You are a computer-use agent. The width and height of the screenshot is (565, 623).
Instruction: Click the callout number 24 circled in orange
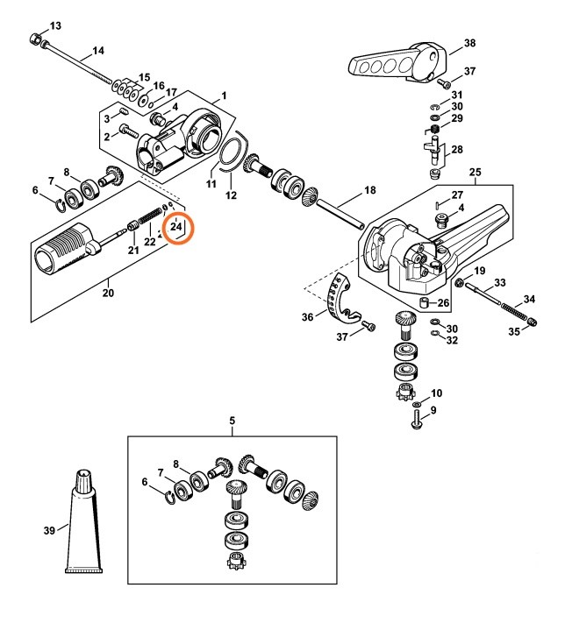pos(178,227)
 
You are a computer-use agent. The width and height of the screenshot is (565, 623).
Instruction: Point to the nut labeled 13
pos(35,39)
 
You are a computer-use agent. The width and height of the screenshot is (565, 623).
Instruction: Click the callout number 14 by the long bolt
pos(97,50)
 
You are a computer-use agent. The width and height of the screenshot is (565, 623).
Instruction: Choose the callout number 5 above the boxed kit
pos(232,421)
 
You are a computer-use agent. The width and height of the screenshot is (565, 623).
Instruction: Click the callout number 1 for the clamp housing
pos(223,94)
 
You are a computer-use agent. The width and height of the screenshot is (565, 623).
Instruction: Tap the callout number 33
pos(500,282)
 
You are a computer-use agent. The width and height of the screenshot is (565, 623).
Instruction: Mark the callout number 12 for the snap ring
pos(232,195)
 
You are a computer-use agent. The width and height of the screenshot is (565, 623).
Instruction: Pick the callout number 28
pos(457,150)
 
